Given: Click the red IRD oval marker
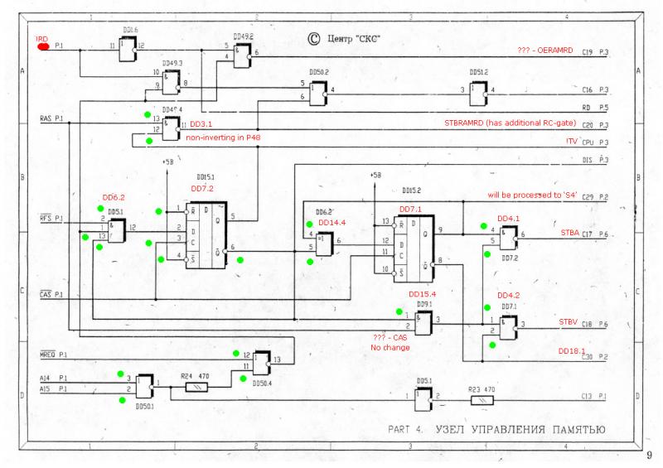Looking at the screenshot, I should pyautogui.click(x=42, y=46).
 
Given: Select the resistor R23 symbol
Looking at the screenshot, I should pyautogui.click(x=480, y=398).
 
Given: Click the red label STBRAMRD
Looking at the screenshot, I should pyautogui.click(x=488, y=124).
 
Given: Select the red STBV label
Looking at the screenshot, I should pyautogui.click(x=569, y=321).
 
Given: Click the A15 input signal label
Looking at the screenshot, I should pyautogui.click(x=46, y=388).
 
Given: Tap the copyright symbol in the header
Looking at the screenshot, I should pyautogui.click(x=313, y=36).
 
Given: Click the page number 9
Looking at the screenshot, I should pyautogui.click(x=649, y=456).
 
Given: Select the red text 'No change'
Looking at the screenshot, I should pyautogui.click(x=388, y=348).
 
